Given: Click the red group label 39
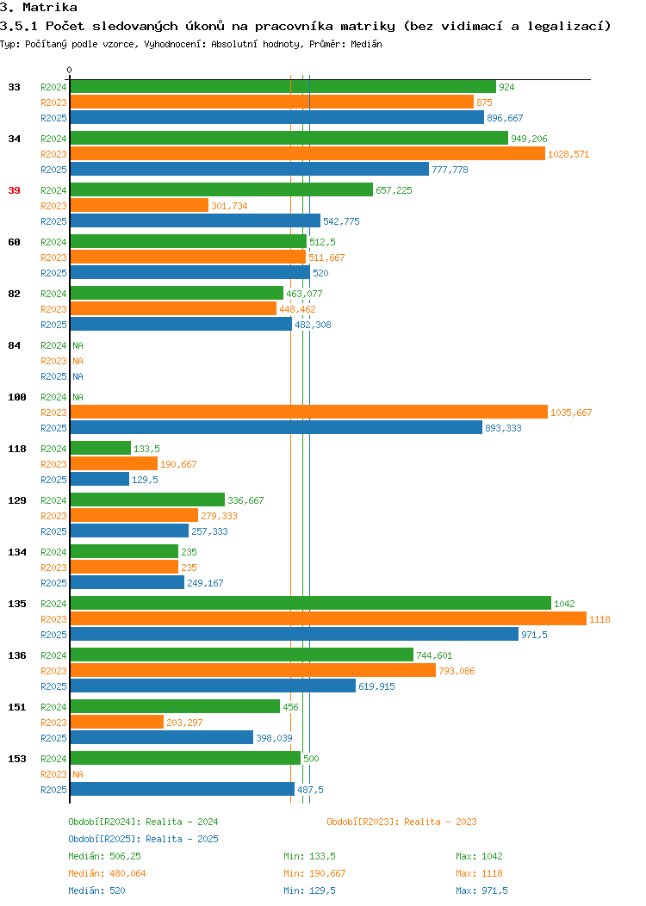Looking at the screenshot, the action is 14,190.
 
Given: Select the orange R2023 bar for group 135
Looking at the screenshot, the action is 328,619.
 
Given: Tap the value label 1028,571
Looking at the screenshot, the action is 568,154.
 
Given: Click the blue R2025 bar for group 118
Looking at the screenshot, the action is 99,479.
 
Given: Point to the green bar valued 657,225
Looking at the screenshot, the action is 221,189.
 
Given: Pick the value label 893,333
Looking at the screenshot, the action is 503,428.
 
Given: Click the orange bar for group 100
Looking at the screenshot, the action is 308,412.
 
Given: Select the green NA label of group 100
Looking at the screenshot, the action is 78,398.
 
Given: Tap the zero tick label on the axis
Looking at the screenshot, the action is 70,71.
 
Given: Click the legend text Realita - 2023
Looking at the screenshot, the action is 440,822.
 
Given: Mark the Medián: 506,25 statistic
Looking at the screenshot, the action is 104,856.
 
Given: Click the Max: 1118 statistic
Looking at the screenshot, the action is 479,873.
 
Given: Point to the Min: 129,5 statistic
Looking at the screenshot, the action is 310,891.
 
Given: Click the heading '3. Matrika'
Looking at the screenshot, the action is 39,8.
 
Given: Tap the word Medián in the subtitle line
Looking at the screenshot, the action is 366,44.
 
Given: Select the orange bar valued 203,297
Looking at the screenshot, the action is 117,722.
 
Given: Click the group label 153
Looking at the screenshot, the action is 16,760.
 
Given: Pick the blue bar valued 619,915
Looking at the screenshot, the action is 213,686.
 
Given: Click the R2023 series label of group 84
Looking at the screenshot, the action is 53,361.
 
